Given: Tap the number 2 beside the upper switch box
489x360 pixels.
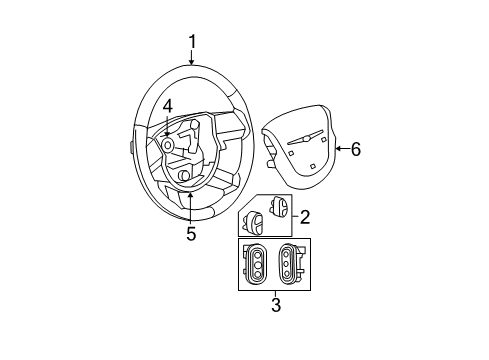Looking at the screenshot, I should [x=305, y=215].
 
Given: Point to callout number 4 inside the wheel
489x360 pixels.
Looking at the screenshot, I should [x=168, y=105].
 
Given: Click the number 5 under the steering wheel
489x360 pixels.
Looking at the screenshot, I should [x=190, y=234].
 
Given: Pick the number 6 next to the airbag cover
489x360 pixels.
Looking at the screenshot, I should [x=355, y=149].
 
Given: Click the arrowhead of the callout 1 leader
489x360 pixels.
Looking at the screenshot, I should [x=191, y=64].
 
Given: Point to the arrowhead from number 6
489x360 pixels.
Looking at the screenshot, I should [x=337, y=149].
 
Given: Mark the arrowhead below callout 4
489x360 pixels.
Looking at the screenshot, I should [x=168, y=134].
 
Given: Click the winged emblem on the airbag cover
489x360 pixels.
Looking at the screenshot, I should [x=305, y=138].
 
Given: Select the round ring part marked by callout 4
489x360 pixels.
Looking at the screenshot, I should [x=168, y=145].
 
